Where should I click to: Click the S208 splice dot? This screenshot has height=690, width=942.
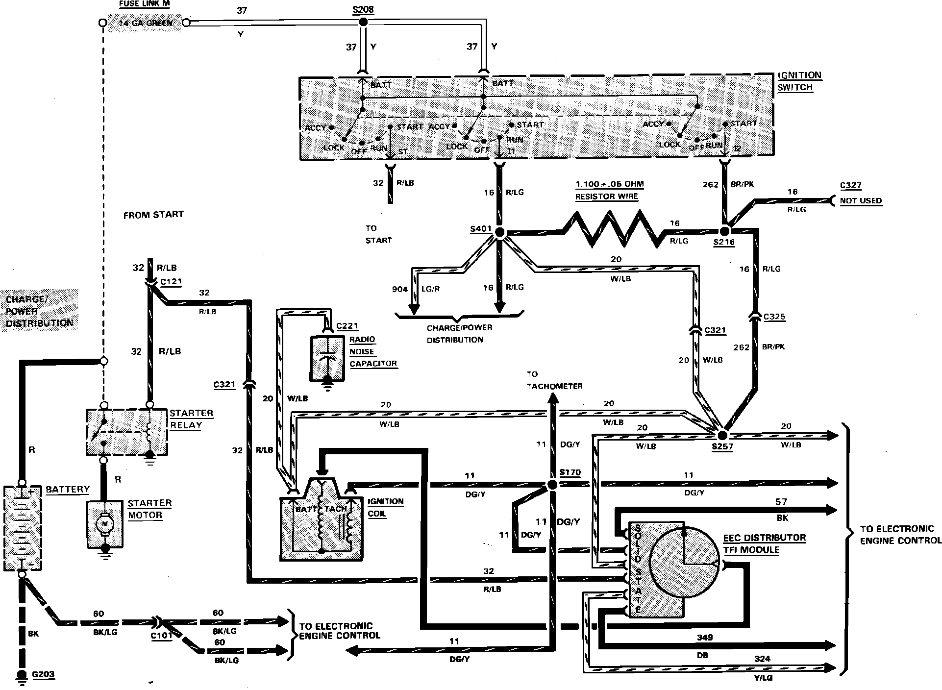[363, 22]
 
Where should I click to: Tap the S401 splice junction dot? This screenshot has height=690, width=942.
[500, 233]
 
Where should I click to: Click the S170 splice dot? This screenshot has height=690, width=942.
[552, 485]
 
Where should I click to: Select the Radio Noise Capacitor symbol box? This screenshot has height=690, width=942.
[327, 358]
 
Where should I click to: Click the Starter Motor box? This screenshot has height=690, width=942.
[104, 524]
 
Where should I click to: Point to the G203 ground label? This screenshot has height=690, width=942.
[43, 674]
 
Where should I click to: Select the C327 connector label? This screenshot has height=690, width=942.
[850, 185]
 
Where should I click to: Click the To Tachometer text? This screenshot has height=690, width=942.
[554, 380]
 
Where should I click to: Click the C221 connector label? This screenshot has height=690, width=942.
[347, 326]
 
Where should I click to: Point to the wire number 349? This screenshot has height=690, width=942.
[704, 638]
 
